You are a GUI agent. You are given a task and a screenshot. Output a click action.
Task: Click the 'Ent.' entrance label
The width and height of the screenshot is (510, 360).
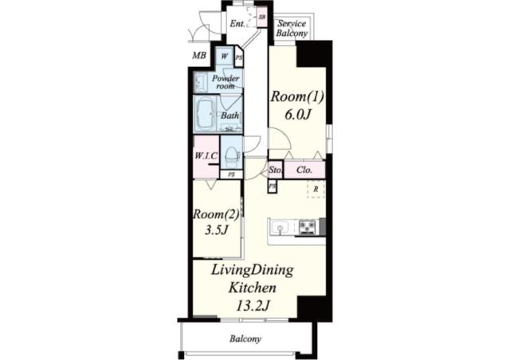(237, 24)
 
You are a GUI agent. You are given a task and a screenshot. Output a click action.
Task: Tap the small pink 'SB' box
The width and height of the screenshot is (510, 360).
(261, 15)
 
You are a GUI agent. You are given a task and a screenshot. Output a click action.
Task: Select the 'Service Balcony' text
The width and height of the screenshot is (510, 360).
(292, 29)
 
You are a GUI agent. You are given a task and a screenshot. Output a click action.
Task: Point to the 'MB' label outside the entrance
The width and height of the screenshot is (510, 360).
(200, 56)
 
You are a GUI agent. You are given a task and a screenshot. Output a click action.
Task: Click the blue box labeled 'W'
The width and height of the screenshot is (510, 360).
(224, 57)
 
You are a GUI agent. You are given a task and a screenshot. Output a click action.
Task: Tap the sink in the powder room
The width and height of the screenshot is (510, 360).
(200, 80)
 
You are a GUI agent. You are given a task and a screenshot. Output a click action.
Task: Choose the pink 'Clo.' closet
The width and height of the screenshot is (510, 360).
(304, 170)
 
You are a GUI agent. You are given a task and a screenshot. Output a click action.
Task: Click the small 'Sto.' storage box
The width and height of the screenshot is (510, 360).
(276, 170)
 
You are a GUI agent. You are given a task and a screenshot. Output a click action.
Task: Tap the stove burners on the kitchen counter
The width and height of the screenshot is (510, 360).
(308, 228)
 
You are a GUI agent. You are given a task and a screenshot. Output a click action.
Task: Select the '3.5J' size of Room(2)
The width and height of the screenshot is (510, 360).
(214, 230)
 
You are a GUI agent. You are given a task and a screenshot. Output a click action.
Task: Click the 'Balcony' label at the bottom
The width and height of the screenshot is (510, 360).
(245, 339)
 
